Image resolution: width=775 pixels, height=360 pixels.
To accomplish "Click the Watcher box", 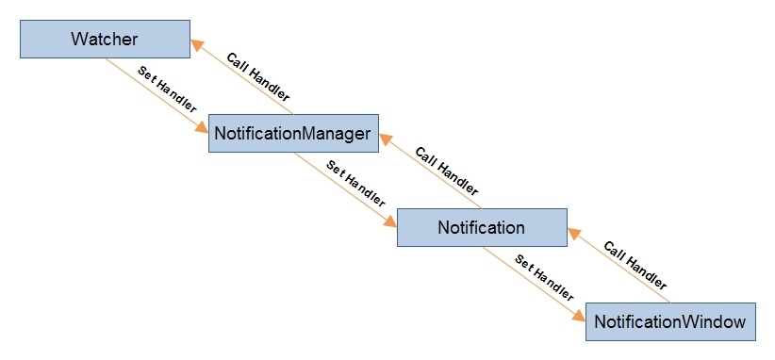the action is (105, 39).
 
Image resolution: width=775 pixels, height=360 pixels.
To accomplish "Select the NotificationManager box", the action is (293, 133).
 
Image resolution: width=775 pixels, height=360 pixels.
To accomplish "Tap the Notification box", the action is (482, 227).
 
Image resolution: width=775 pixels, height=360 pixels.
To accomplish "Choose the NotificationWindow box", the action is (670, 321).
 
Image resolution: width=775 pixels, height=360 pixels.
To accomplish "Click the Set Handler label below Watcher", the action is (167, 90).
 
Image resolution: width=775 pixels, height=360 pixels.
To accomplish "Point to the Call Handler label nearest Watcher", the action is (257, 75).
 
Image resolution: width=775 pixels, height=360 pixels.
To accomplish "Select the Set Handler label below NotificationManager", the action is (355, 184).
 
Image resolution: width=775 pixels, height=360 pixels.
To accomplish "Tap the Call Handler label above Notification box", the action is (446, 171).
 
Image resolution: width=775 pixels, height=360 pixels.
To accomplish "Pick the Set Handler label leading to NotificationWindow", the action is (544, 279).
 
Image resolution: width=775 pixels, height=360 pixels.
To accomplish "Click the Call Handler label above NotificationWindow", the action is (635, 265).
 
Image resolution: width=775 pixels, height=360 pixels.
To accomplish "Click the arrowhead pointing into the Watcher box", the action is (197, 45).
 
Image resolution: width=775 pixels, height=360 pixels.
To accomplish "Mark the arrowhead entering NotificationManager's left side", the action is (202, 127).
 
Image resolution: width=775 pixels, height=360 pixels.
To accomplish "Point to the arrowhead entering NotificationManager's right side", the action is (386, 139).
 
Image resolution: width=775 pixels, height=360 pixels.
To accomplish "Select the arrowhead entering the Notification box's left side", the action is (390, 221).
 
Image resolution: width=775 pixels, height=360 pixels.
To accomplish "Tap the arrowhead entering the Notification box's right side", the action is (574, 234).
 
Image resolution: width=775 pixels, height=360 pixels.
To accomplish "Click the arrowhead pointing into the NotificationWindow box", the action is (579, 316).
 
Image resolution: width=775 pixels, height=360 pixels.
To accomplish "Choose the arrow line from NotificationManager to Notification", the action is (345, 189).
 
